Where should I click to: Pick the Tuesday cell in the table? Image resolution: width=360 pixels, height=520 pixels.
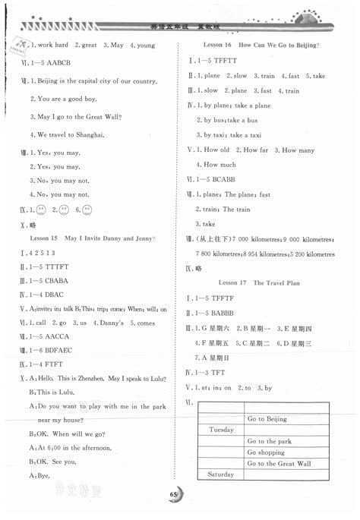(219, 430)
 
